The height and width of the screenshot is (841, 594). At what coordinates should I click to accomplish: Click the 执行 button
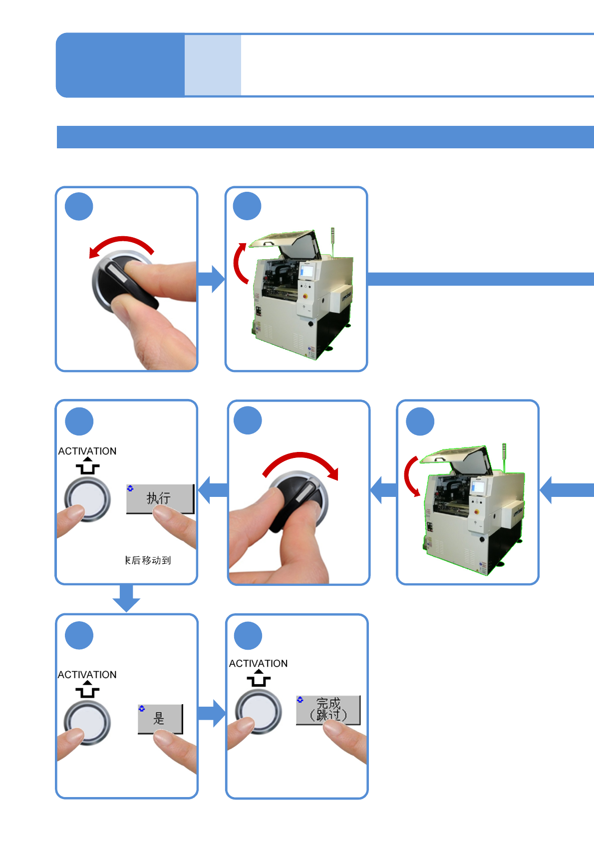click(x=160, y=498)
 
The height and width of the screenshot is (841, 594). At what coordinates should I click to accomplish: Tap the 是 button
click(x=160, y=719)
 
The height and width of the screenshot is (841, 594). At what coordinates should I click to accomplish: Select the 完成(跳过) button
click(x=328, y=710)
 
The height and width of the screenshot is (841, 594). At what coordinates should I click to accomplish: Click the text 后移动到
click(x=148, y=560)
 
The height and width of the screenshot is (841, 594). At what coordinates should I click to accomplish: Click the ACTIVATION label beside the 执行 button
click(x=87, y=451)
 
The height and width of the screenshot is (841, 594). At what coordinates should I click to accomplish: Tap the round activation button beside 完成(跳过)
click(x=258, y=712)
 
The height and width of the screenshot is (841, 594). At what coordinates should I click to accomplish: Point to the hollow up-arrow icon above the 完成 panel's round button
click(x=259, y=678)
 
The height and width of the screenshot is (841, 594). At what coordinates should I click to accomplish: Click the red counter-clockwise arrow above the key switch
click(x=121, y=244)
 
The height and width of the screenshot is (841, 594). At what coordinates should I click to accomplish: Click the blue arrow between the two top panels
click(x=212, y=279)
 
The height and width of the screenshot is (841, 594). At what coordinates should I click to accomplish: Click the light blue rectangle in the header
click(x=213, y=65)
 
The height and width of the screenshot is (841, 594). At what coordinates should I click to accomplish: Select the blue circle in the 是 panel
click(x=79, y=635)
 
